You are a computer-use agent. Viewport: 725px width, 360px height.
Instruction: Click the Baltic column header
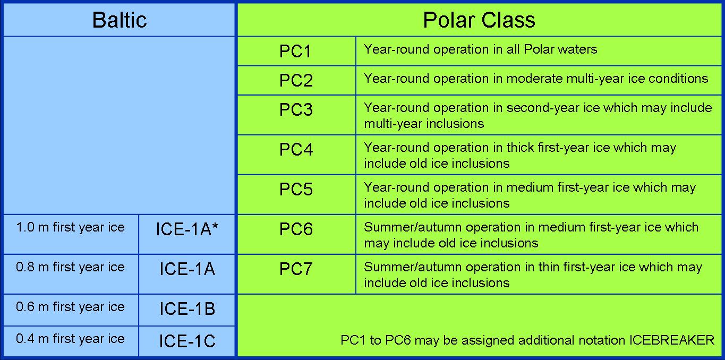[x=120, y=20]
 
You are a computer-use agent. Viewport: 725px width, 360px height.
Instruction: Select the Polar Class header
[x=479, y=20]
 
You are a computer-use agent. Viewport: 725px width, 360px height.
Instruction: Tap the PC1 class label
[x=295, y=51]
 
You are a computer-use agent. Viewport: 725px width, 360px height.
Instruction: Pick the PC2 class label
[x=296, y=80]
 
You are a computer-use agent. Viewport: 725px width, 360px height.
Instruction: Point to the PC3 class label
[x=296, y=109]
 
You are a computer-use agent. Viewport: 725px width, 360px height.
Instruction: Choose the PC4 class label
[x=296, y=149]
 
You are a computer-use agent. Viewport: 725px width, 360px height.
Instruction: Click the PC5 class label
[x=296, y=189]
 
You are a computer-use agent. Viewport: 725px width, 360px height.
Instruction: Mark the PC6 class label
[x=296, y=229]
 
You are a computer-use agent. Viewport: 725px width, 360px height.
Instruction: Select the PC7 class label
[x=296, y=269]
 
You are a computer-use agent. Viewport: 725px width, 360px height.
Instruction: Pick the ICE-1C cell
[x=187, y=341]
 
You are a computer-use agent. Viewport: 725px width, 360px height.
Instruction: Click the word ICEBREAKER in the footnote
[x=671, y=340]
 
